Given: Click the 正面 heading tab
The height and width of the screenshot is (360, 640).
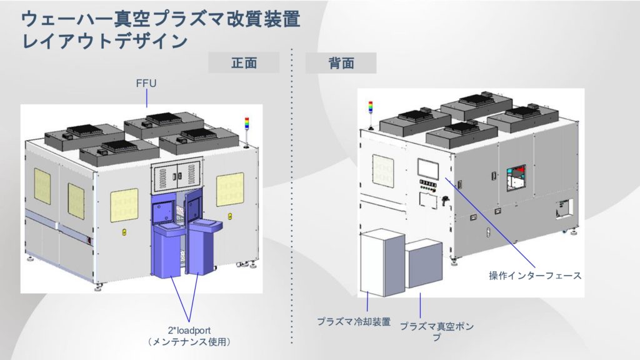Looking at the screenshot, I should click(244, 63).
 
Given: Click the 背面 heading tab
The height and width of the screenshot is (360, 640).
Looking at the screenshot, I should click(341, 63).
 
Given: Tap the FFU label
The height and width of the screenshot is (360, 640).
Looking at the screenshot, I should click(146, 82).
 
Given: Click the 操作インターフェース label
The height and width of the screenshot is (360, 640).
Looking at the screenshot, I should click(535, 276).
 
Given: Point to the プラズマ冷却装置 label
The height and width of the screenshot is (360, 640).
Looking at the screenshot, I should click(354, 322).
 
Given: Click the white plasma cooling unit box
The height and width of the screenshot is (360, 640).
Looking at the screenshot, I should click(382, 261).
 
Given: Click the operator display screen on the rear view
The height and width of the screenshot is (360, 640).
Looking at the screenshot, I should click(431, 167).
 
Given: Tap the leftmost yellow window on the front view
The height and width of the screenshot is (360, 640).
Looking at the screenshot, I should click(42, 186).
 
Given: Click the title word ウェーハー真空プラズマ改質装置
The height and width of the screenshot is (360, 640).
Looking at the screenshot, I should click(161, 19).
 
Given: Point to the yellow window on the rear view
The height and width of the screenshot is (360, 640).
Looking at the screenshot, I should click(382, 170).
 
